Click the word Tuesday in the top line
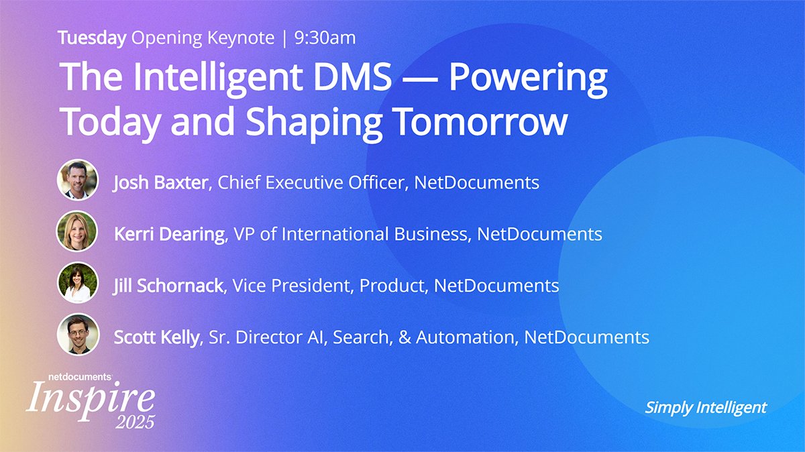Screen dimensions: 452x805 coord(92,38)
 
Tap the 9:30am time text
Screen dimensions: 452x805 coord(325,38)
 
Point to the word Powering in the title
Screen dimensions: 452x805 coord(528,79)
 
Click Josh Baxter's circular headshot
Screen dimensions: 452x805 coord(78,180)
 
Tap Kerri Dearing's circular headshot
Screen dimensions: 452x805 coord(78,232)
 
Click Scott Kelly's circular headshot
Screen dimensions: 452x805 coord(78,334)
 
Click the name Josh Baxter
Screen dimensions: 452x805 coord(160,182)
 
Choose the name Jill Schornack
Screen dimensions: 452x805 coord(168,286)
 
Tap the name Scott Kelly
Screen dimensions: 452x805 coord(157,337)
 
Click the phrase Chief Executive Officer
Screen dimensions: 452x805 coord(311,182)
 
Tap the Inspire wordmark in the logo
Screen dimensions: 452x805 coord(90,398)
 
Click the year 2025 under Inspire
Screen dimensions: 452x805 coord(134,422)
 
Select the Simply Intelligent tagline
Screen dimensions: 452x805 coord(705,407)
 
